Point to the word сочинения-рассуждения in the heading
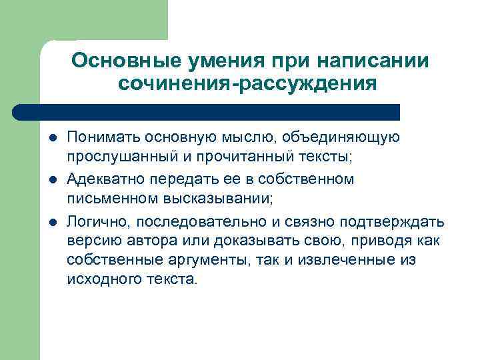(247, 85)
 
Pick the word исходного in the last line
(97, 279)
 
